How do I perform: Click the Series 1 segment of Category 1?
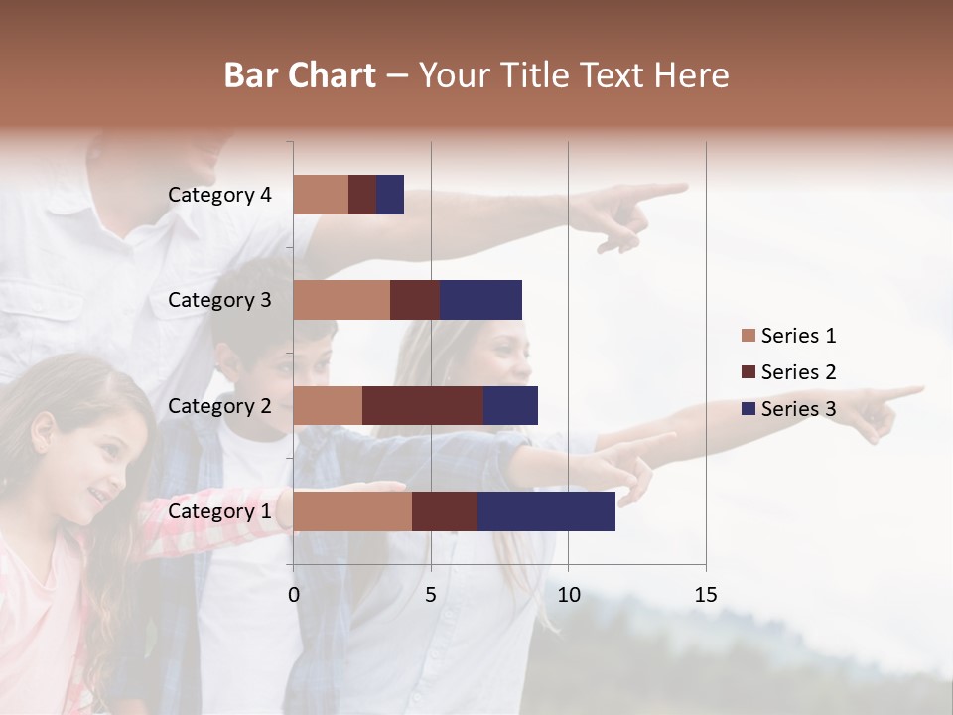click(352, 511)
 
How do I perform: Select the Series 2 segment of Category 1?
click(445, 511)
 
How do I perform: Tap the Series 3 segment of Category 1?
click(546, 511)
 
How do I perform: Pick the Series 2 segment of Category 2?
click(423, 405)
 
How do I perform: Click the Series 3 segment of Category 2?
click(510, 405)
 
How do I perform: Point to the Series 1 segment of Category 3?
click(341, 300)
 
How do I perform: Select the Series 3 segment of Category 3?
click(480, 300)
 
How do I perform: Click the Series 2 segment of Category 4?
click(362, 195)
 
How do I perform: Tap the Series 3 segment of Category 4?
click(390, 195)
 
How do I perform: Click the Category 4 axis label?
click(219, 195)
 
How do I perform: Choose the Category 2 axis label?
click(219, 405)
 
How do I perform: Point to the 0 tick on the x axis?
click(294, 595)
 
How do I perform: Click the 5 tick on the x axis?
click(431, 595)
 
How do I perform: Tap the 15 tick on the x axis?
click(705, 595)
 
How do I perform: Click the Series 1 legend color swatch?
click(748, 336)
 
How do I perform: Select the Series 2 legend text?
click(799, 372)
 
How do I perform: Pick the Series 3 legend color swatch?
click(748, 409)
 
